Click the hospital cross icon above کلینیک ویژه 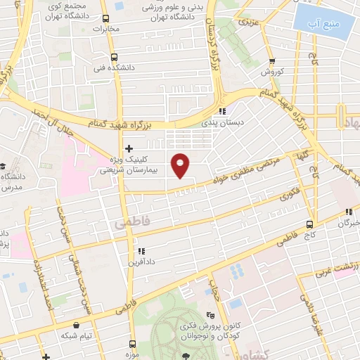pyautogui.click(x=128, y=148)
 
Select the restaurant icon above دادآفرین pyautogui.click(x=141, y=250)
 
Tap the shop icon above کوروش pyautogui.click(x=271, y=62)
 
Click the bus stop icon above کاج pyautogui.click(x=310, y=224)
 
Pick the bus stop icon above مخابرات pyautogui.click(x=105, y=19)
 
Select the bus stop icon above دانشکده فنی pyautogui.click(x=115, y=58)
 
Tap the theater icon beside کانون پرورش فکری pyautogui.click(x=210, y=316)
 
